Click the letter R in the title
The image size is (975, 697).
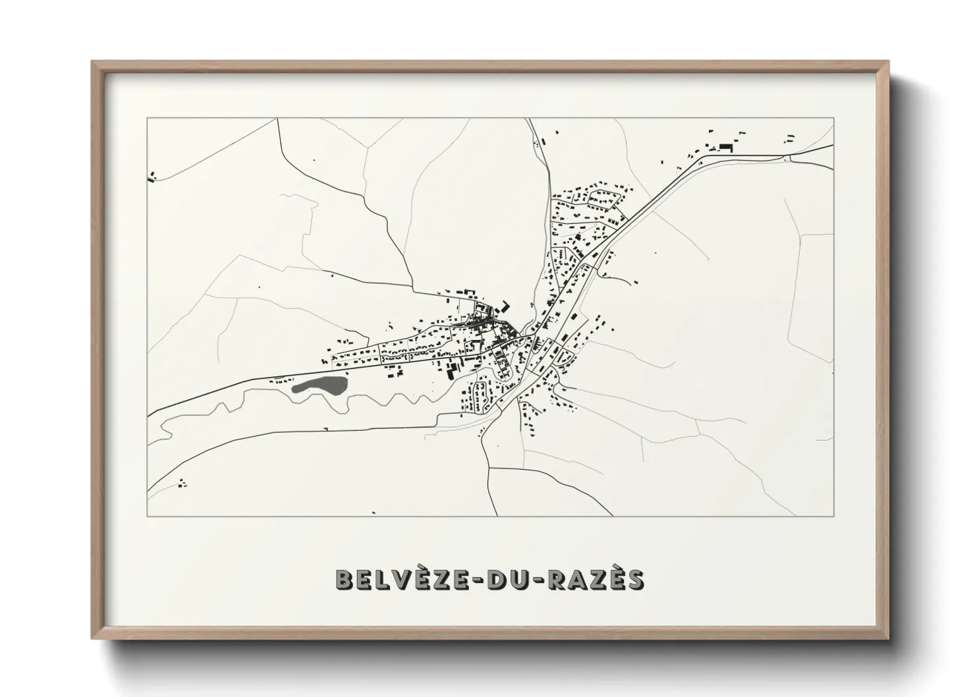(x=552, y=579)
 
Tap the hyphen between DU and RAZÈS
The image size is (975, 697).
(x=534, y=580)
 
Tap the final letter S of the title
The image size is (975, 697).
(x=635, y=579)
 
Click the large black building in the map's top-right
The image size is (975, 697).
(x=727, y=146)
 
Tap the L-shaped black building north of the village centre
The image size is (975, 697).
(x=506, y=306)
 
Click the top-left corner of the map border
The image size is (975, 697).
(x=148, y=118)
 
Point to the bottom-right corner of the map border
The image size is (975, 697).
(x=833, y=515)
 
